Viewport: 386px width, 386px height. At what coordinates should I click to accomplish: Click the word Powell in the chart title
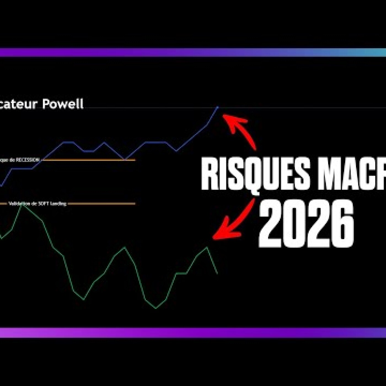[63, 104]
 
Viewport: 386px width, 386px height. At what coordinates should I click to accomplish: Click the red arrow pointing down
[234, 221]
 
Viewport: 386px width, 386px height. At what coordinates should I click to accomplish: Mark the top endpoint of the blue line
[218, 107]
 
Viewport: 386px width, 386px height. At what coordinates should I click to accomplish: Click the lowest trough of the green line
[156, 308]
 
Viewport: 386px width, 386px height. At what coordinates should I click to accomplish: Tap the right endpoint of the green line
[218, 274]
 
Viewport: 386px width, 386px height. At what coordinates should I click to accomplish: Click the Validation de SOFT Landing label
[37, 204]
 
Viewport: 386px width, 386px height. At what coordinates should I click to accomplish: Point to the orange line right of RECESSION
[88, 160]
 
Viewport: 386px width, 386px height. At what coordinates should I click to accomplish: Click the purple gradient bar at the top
[193, 52]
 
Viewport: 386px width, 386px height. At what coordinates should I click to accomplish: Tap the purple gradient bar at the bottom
[193, 332]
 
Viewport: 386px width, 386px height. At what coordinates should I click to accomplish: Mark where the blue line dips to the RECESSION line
[125, 159]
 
